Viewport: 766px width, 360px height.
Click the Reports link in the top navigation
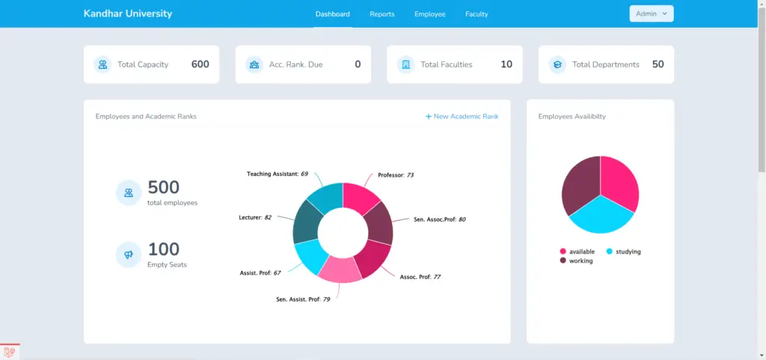[x=382, y=14]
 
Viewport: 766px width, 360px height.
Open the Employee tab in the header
[x=430, y=14]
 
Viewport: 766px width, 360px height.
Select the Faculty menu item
[x=477, y=14]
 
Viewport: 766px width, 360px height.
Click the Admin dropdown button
[x=652, y=13]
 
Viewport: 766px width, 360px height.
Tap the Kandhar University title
[x=128, y=13]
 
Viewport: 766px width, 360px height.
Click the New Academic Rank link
[x=462, y=116]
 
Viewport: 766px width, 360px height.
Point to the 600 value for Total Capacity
[x=200, y=64]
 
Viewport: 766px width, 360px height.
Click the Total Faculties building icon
[x=405, y=64]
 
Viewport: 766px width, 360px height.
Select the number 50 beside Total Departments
[x=658, y=64]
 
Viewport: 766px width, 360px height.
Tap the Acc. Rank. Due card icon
[x=254, y=64]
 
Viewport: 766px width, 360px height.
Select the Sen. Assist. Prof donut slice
[x=340, y=269]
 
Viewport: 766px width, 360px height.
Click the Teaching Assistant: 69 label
[x=278, y=174]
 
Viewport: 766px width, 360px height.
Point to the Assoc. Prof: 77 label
[x=420, y=277]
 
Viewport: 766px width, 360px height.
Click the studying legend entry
[x=623, y=251]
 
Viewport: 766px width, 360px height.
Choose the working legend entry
[x=577, y=261]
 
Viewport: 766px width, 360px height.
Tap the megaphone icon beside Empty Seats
[x=129, y=255]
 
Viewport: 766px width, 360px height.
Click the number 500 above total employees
[x=164, y=187]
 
